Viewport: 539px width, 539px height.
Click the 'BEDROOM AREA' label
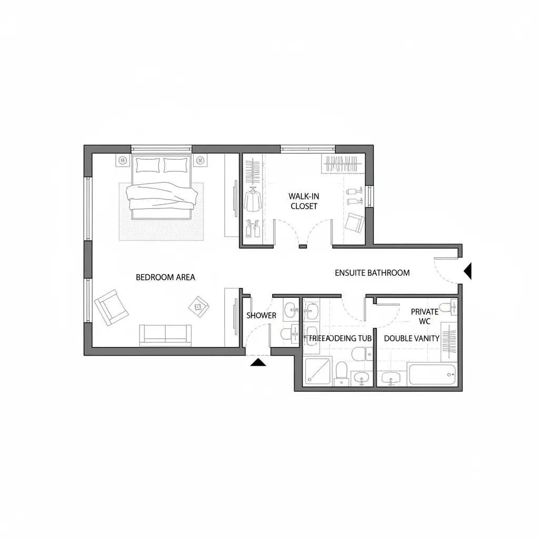165,277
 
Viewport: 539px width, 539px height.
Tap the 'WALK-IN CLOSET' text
304,201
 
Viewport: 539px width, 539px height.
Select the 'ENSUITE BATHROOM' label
372,273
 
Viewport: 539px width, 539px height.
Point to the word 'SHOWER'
261,315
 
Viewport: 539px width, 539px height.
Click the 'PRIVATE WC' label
424,316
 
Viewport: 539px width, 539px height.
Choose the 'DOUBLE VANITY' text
412,338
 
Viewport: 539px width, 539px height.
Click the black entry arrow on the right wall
467,271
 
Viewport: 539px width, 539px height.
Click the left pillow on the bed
147,165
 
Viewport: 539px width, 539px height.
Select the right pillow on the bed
175,165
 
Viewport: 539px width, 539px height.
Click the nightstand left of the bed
123,160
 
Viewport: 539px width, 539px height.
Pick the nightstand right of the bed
199,160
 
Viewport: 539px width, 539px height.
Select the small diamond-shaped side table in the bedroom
198,305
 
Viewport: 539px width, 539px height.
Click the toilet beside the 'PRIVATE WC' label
446,308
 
